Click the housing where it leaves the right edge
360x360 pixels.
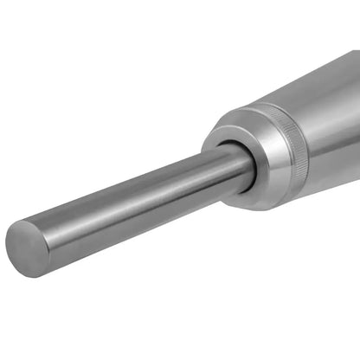[x=355, y=130]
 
